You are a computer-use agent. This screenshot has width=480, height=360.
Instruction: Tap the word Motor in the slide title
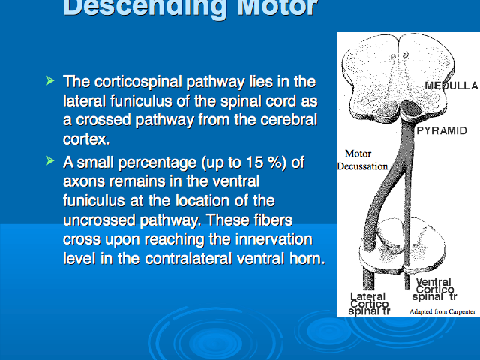[x=277, y=7]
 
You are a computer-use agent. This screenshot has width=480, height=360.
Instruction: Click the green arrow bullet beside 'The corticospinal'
[x=50, y=80]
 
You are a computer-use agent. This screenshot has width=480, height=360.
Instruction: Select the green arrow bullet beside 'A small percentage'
[x=50, y=160]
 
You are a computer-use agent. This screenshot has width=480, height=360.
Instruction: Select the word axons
[x=84, y=181]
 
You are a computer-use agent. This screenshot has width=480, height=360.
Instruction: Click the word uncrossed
[x=99, y=220]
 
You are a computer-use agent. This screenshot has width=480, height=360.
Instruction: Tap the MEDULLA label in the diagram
[x=451, y=85]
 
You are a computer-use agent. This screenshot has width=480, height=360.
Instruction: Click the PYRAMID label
[x=442, y=131]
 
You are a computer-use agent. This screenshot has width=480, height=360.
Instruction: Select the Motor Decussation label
[x=362, y=160]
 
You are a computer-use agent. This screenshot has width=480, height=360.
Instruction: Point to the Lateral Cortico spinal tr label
[x=369, y=304]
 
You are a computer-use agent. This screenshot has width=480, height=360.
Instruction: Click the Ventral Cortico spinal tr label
[x=434, y=289]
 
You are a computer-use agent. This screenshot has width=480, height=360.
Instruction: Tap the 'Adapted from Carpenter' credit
[x=442, y=312]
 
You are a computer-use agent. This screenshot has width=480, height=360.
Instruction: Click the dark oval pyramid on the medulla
[x=411, y=109]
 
